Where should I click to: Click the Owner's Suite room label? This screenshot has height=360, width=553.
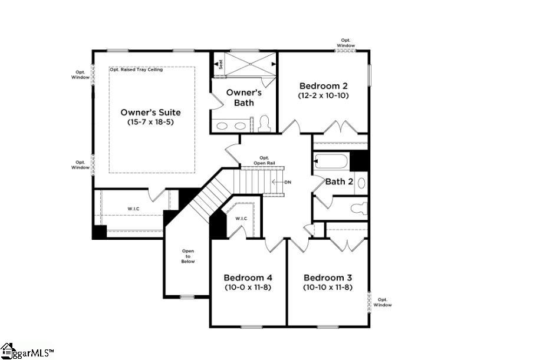(150, 113)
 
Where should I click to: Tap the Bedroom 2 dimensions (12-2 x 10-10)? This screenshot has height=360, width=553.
(324, 95)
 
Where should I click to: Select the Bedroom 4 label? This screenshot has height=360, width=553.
(248, 278)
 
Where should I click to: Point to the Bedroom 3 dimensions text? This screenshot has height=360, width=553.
(328, 288)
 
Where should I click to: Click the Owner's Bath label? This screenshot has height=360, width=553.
(244, 98)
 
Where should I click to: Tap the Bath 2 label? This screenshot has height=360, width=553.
(339, 181)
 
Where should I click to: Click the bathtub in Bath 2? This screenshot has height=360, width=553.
(331, 162)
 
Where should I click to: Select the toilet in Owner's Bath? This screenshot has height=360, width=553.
(264, 124)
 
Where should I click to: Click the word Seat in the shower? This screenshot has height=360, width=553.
(220, 64)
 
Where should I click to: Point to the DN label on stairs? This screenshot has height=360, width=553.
(288, 182)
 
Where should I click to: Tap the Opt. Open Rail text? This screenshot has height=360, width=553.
(264, 160)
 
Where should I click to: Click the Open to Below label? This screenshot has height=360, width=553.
(188, 256)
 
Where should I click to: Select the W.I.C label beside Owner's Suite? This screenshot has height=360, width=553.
(133, 209)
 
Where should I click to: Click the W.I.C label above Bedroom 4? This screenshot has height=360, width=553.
(241, 219)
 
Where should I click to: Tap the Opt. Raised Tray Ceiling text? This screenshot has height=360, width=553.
(137, 70)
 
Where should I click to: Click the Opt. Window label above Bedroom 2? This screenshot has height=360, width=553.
(346, 43)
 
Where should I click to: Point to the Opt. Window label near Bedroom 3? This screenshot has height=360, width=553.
(383, 302)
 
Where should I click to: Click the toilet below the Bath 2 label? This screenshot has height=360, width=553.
(360, 209)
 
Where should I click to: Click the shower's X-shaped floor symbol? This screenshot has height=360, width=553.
(250, 64)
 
